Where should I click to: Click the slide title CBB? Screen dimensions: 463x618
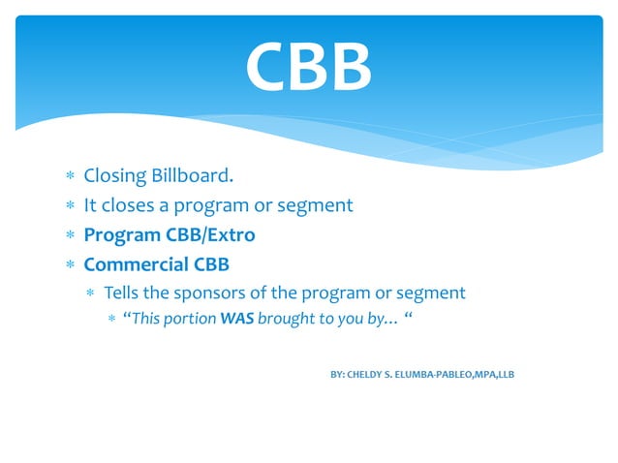tap(308, 66)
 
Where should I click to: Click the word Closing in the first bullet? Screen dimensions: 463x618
tap(114, 176)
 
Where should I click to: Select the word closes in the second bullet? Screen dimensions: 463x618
tap(130, 205)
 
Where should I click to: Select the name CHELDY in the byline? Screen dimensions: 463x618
tap(369, 373)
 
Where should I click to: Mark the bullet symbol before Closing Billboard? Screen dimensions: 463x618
tap(69, 177)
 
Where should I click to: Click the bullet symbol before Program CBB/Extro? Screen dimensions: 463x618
tap(69, 235)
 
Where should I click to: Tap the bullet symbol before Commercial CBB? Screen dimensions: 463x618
tap(69, 264)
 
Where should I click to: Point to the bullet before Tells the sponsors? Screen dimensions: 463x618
tap(90, 293)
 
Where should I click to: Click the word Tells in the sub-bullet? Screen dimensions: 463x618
tap(122, 292)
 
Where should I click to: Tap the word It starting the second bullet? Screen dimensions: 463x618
tap(90, 205)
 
